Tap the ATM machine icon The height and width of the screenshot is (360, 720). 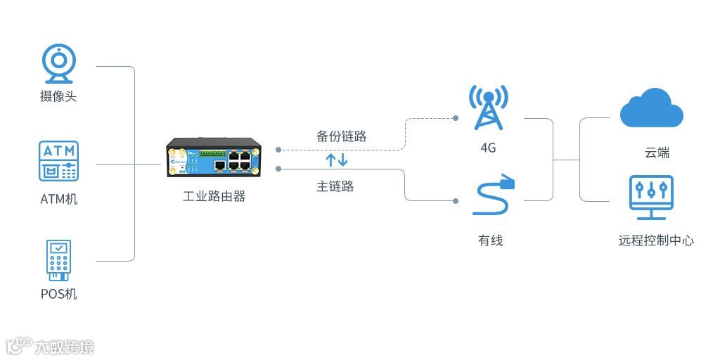point(58,161)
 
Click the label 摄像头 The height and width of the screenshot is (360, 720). point(58,96)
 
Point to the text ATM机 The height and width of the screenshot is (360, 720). point(58,199)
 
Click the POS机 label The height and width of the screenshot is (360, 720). point(58,293)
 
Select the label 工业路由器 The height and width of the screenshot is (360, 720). point(214,197)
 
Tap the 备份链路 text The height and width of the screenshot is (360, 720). point(342,136)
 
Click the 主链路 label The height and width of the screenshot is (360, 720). point(335,186)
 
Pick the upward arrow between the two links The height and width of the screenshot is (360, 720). point(331,160)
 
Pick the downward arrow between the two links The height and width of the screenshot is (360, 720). point(343,160)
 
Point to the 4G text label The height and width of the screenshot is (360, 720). point(488,148)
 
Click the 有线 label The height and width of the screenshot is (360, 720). point(490,240)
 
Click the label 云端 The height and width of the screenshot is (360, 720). point(657,153)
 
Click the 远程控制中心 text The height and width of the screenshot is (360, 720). point(656,240)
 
